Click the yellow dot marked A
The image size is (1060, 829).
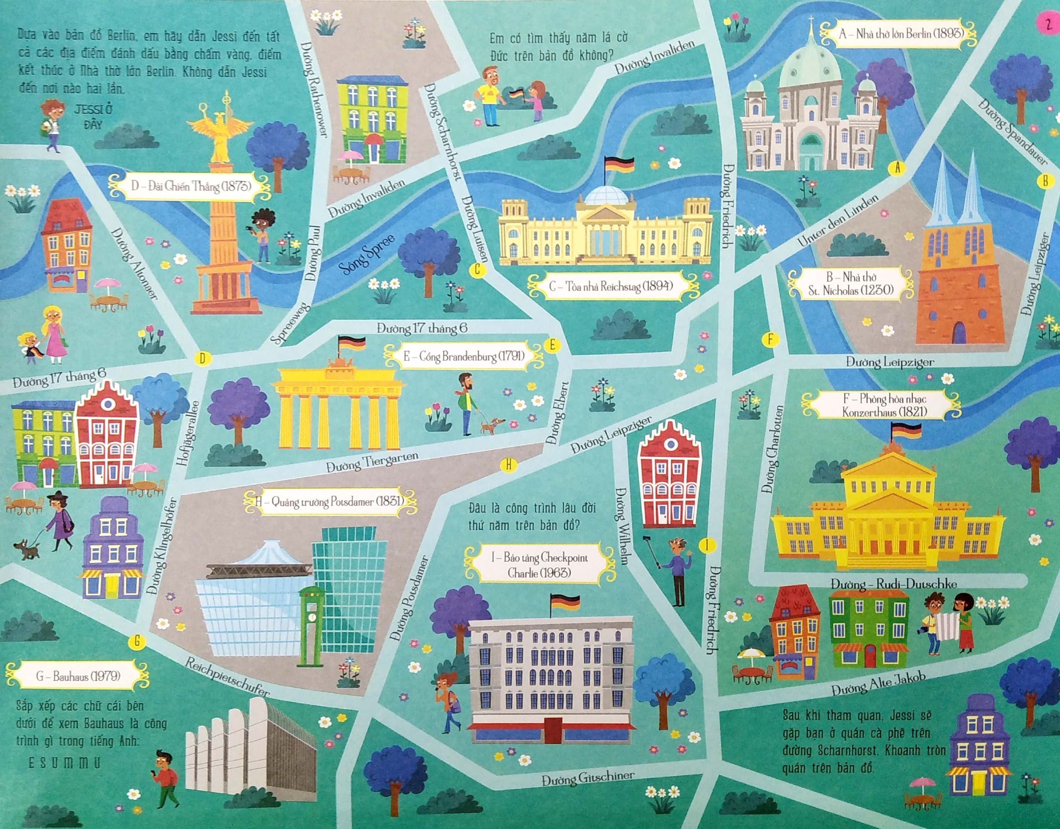coord(897,168)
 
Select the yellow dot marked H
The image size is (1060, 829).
coord(508,465)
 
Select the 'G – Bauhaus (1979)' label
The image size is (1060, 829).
coord(78,676)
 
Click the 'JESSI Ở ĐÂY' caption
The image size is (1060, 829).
coord(93,116)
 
